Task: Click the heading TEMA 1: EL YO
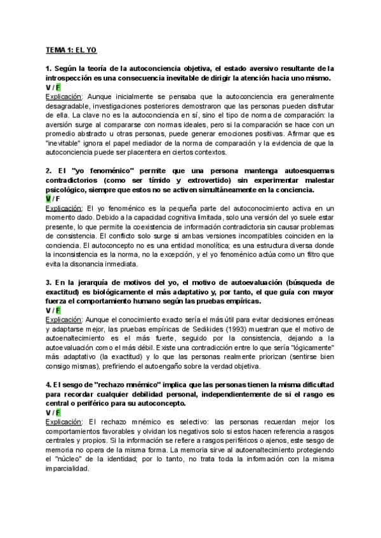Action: click(x=70, y=48)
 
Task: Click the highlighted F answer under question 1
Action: click(x=58, y=87)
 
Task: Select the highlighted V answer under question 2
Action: click(x=48, y=199)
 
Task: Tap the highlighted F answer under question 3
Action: click(x=58, y=310)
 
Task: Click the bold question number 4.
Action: click(x=48, y=384)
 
